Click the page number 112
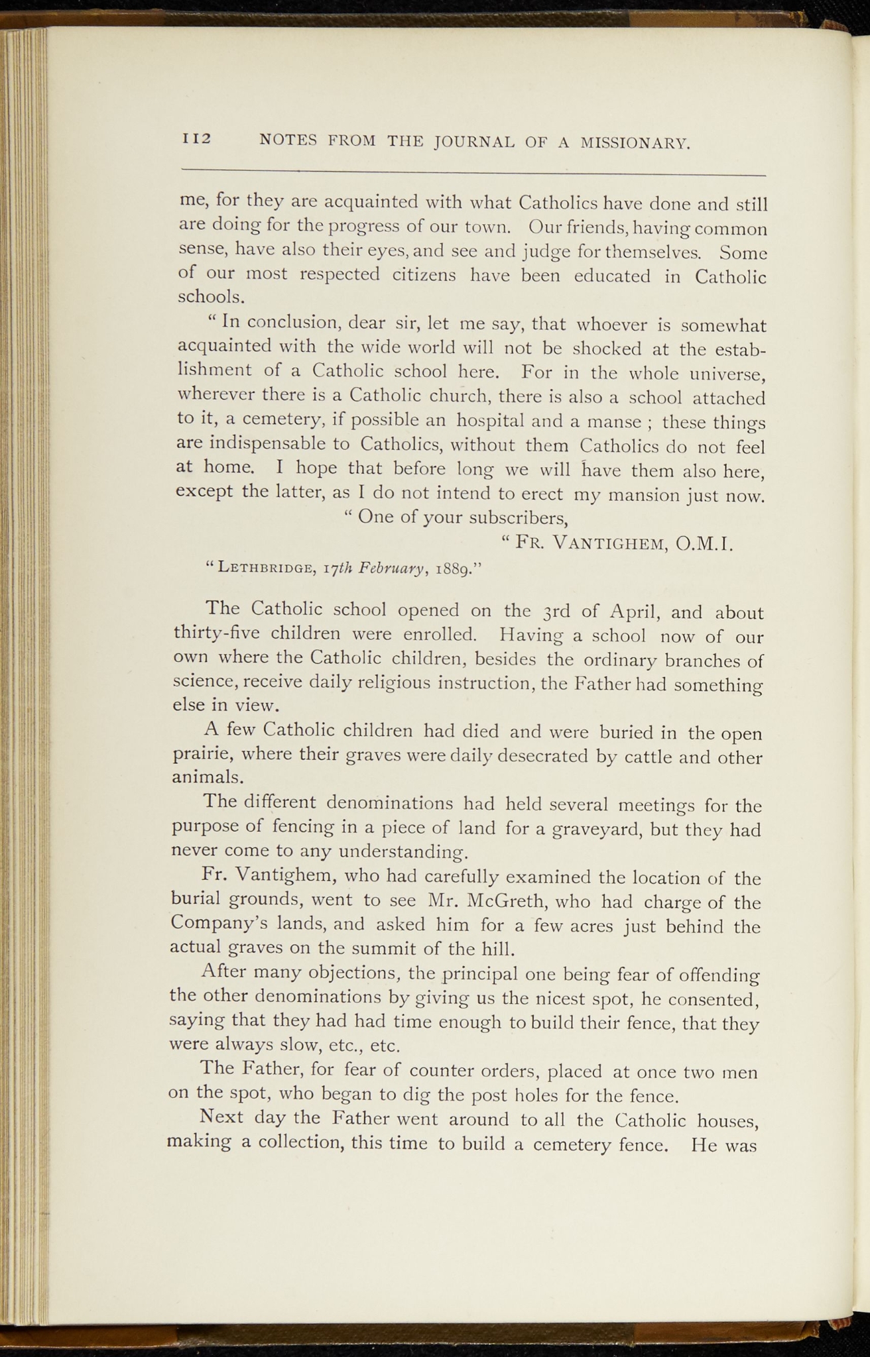click(x=196, y=138)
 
